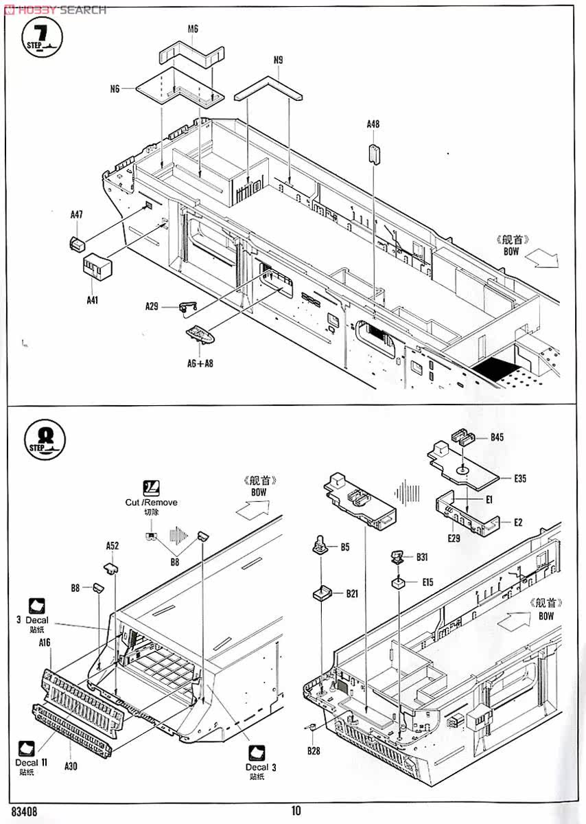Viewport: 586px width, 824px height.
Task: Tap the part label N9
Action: coord(278,60)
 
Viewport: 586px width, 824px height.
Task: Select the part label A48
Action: coord(373,124)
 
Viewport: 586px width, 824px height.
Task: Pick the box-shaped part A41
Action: coord(97,266)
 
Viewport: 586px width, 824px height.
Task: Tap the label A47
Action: coord(76,215)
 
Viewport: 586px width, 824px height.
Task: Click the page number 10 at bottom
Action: coord(296,811)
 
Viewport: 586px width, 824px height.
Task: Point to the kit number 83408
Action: coord(24,811)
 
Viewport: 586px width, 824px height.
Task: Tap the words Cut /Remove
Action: coord(151,502)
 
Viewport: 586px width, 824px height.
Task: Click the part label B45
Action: coord(497,437)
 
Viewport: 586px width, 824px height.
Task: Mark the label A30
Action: coord(71,766)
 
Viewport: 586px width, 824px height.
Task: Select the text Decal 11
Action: coord(32,762)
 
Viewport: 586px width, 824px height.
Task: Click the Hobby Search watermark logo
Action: coord(54,10)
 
